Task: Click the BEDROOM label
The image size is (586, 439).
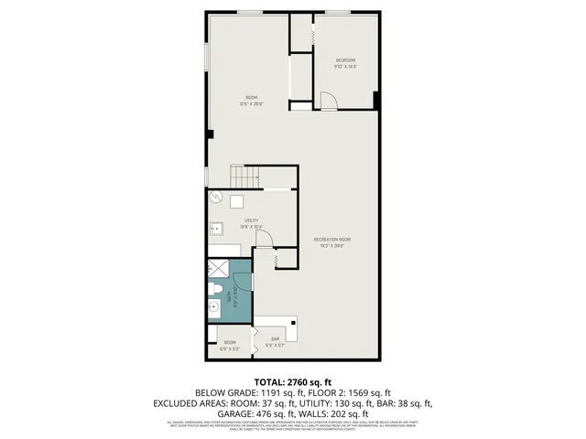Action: point(344,59)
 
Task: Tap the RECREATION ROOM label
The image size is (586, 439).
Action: point(335,240)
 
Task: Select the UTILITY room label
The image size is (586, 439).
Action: point(251,220)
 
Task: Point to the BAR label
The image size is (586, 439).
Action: point(275,339)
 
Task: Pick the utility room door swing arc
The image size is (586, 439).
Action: point(264,239)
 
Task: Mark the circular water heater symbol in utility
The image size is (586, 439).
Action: point(218,198)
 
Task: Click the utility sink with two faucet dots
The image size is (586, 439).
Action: point(218,229)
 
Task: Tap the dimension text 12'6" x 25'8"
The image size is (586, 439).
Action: point(251,104)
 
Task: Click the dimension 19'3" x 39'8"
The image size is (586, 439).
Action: point(335,245)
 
